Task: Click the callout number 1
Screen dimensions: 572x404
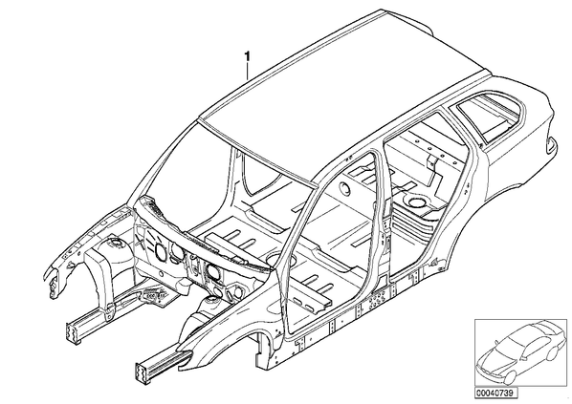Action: tap(248, 56)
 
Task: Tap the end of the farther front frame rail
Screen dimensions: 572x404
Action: tap(73, 331)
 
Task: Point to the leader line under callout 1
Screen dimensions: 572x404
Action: tap(248, 71)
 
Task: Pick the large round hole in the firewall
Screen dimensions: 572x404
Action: tap(161, 252)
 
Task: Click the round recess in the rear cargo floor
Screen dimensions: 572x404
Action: tap(416, 202)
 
